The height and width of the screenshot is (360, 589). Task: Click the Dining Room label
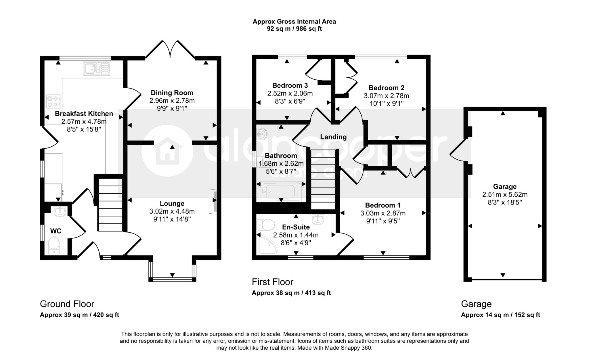pyautogui.click(x=172, y=93)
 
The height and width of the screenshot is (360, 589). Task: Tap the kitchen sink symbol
pyautogui.click(x=97, y=68)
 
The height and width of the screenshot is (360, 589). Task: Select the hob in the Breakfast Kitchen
pyautogui.click(x=53, y=102)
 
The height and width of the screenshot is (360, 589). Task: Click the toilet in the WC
pyautogui.click(x=54, y=246)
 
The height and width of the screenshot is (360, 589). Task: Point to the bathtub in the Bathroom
pyautogui.click(x=281, y=191)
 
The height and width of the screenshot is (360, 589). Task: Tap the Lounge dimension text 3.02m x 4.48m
pyautogui.click(x=172, y=211)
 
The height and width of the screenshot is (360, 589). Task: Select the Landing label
pyautogui.click(x=333, y=137)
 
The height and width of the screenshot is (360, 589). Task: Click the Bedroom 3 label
pyautogui.click(x=290, y=85)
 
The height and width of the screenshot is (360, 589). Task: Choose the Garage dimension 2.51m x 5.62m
pyautogui.click(x=505, y=194)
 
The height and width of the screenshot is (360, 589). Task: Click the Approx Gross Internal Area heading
pyautogui.click(x=294, y=21)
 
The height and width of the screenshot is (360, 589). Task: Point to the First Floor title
pyautogui.click(x=272, y=282)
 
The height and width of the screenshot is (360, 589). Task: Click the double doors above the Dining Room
pyautogui.click(x=170, y=49)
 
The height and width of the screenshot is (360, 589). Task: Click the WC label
pyautogui.click(x=56, y=231)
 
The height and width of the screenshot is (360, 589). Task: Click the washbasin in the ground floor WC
pyautogui.click(x=60, y=211)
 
